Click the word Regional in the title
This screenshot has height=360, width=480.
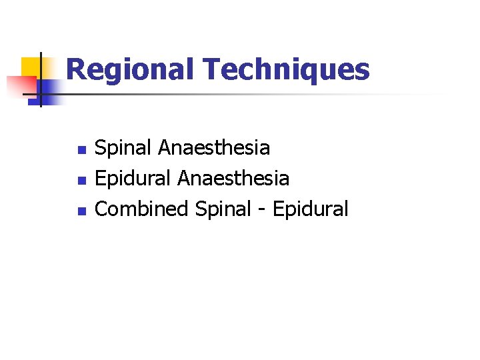click(129, 70)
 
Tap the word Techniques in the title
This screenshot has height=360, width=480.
click(285, 70)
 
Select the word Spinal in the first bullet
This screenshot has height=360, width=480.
click(124, 148)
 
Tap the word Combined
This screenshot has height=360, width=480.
click(142, 209)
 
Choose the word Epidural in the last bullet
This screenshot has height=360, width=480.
click(310, 209)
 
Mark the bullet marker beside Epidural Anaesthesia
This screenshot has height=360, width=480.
click(81, 180)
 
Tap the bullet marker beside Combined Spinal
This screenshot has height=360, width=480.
click(81, 211)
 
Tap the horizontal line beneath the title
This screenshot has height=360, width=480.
click(233, 94)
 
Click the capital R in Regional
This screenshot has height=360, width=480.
click(77, 70)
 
